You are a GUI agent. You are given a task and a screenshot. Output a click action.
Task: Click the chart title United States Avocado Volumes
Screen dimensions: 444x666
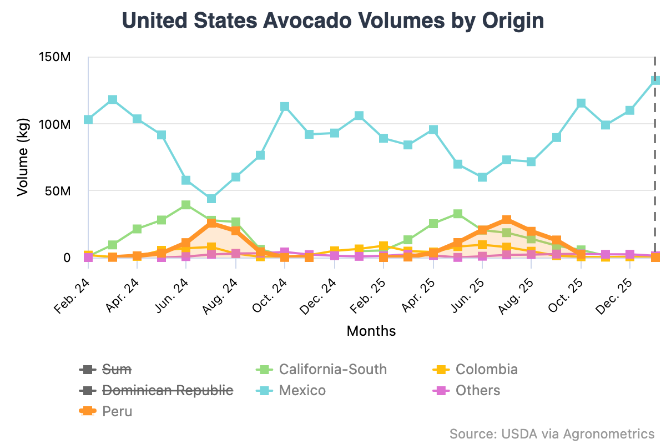coord(332,21)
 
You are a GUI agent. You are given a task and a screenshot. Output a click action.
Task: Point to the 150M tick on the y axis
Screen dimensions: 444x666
coord(54,57)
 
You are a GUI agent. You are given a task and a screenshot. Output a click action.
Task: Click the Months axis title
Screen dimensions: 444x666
coord(371,331)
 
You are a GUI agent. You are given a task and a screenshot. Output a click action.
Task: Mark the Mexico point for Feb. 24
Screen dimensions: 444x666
coord(88,119)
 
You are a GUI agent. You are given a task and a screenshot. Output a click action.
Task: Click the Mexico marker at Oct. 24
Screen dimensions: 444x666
coord(285,107)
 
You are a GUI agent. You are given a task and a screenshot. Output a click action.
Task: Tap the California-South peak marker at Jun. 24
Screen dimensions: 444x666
coord(186,205)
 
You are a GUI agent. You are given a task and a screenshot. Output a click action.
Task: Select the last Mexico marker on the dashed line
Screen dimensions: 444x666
coord(655,80)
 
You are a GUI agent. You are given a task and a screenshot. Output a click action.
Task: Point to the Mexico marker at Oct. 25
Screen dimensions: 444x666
coord(581,103)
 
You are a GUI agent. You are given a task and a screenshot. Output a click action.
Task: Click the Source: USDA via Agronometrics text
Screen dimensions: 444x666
coord(552,433)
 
